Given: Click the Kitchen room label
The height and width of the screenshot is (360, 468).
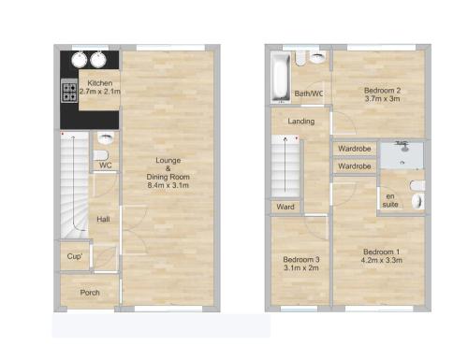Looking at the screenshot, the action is coord(100,83).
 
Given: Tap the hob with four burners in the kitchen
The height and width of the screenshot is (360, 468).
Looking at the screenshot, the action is coord(69,91).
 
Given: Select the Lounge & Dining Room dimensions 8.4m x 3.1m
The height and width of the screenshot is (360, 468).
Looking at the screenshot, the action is coord(168,185).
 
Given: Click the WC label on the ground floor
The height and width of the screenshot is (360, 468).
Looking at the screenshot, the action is coord(106,166).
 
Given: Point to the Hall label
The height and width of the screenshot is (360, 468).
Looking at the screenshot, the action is coord(103,219).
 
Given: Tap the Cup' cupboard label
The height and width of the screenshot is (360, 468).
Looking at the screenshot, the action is coord(75,256).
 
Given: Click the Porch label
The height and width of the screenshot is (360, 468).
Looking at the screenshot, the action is coord(90,293).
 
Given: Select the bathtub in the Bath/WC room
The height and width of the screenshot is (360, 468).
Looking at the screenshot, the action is coord(280,78).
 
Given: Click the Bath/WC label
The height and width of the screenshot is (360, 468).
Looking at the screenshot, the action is coord(309,94).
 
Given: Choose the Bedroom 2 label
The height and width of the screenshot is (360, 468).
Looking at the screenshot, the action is coord(382,91).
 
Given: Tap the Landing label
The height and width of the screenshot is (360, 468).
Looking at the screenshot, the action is coord(301,121).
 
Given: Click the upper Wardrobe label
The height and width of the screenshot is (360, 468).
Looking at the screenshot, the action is coord(355,149).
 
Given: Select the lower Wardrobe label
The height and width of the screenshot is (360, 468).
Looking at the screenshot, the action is coord(355,166).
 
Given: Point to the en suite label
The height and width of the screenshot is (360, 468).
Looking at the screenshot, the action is coord(390,200).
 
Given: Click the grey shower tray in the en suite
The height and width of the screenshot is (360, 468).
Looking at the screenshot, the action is coord(402,155).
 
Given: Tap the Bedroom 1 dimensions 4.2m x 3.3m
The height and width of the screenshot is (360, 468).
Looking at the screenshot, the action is coord(382,260).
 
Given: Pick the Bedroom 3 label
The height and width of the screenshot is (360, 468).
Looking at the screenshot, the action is coord(301,259).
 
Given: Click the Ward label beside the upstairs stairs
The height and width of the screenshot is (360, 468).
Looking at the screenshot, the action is coord(285,207).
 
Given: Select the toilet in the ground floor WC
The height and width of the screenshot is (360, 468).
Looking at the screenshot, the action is coord(101,155).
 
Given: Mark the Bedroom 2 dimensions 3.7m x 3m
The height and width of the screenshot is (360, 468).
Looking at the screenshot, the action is coord(382,99).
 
